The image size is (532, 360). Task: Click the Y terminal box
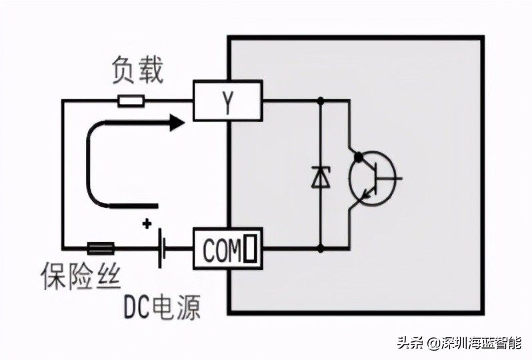[x=227, y=101]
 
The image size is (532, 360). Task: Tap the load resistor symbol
[x=131, y=101]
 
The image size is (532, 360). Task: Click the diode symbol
[x=321, y=176]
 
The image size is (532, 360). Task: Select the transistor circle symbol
[x=370, y=177]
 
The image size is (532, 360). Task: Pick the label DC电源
[x=161, y=306]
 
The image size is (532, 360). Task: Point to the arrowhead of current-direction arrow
[x=176, y=122]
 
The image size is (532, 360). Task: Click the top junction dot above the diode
[x=321, y=101]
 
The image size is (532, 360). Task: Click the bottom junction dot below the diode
[x=321, y=249]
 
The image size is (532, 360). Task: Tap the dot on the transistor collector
[x=359, y=157]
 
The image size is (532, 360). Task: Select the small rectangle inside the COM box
[x=250, y=250]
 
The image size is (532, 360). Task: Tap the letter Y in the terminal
[x=227, y=102]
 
